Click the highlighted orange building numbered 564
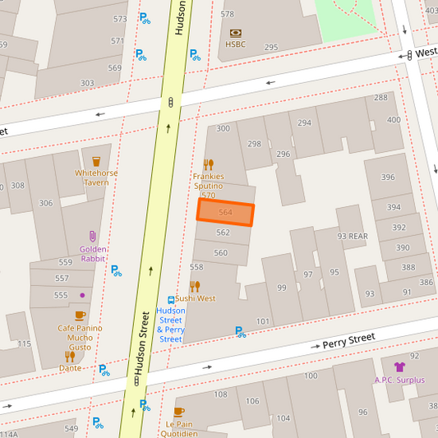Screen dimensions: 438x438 point(225,212)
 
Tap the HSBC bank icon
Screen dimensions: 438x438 point(236,33)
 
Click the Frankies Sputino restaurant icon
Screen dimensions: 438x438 point(208,164)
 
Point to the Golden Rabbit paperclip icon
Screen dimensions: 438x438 point(93,237)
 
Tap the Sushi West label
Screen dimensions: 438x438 point(195,298)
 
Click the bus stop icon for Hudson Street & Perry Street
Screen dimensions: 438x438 point(171,301)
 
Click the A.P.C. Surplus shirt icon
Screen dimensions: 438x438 point(399,367)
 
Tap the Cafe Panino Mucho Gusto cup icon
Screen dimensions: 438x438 point(80,316)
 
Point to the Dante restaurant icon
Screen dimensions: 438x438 point(69,357)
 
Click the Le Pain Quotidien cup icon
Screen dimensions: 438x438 point(179,412)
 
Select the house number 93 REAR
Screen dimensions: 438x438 point(353,237)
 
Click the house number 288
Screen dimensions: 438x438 point(380,98)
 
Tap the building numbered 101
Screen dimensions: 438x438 point(263,321)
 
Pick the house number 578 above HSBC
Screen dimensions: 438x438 point(228,14)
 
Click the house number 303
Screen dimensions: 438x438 point(87,83)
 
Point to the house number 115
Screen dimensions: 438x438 point(25,343)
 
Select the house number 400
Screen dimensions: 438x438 point(394,120)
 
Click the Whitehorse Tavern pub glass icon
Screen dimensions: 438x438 point(96,161)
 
